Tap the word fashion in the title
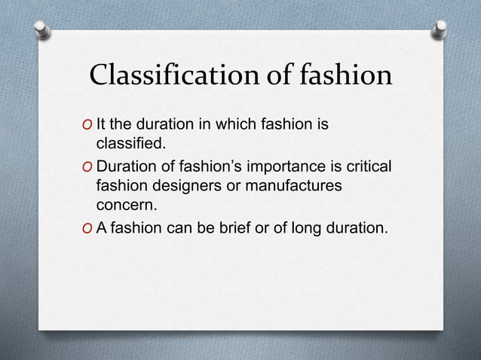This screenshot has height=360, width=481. coord(342,77)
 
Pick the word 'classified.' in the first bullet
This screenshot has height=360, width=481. coord(129,142)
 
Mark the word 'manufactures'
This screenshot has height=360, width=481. coord(295,185)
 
